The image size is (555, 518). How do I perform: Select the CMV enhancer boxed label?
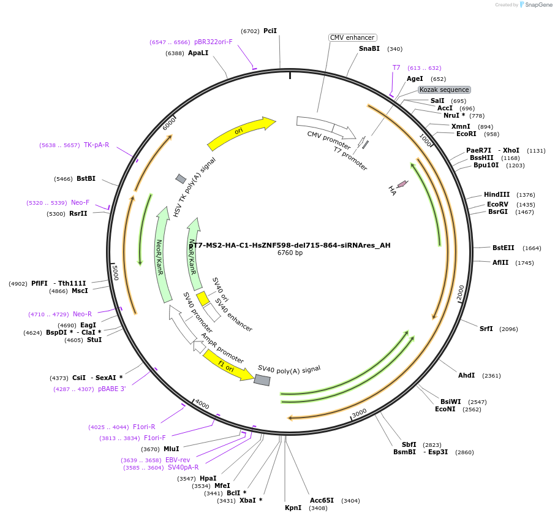tap(352, 37)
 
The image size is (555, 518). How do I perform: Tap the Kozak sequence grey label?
tap(444, 90)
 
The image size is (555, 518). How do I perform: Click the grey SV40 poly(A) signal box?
tap(262, 380)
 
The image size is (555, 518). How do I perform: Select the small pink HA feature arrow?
tap(402, 184)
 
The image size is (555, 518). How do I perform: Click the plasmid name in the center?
tap(289, 245)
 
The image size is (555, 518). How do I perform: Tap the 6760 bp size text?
tap(290, 253)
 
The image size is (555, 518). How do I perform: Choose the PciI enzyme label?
tap(270, 31)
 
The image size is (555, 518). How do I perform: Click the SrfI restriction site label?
tap(486, 329)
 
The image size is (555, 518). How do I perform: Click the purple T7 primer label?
tap(396, 68)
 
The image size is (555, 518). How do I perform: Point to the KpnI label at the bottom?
tap(293, 508)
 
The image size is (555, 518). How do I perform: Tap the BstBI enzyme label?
tap(86, 178)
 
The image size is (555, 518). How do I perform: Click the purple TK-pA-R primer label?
tap(96, 145)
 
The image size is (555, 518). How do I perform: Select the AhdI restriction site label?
tap(466, 375)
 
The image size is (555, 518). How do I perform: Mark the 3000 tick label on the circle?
tap(360, 412)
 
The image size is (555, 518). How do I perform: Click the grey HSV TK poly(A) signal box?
tap(181, 178)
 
